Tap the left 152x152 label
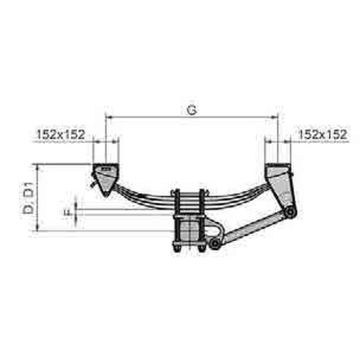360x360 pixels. [62, 131]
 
